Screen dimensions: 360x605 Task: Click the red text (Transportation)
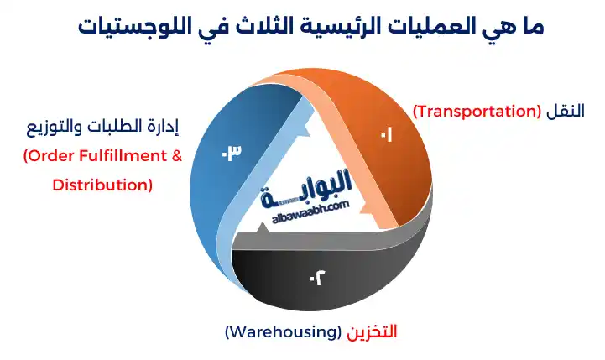(477, 111)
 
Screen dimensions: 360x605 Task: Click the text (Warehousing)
(283, 332)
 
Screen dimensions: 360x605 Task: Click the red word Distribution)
(102, 184)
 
